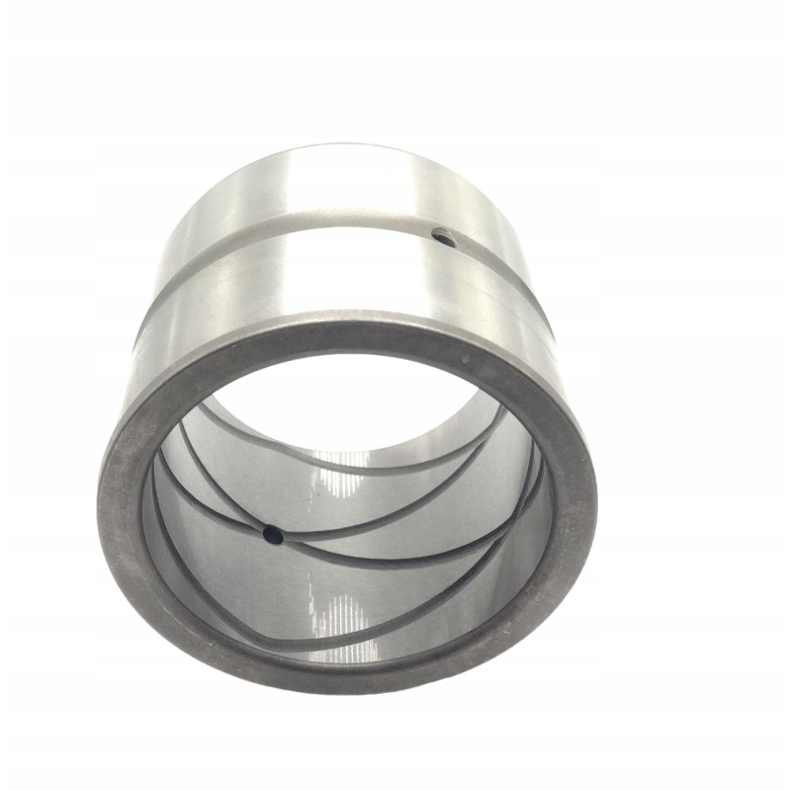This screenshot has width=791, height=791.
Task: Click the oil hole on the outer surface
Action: coord(444,237)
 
